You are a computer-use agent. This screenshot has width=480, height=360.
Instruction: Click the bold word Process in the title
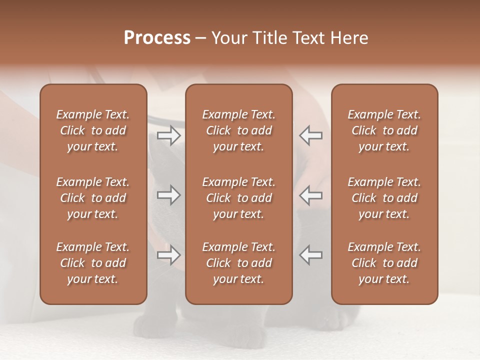[157, 38]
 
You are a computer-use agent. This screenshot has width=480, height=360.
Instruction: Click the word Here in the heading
[348, 38]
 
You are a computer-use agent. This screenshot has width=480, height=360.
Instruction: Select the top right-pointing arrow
[168, 135]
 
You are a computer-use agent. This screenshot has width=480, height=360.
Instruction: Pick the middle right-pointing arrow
[168, 195]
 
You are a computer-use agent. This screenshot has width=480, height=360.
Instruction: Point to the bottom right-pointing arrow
[168, 255]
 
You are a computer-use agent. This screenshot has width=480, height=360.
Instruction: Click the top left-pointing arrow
[311, 135]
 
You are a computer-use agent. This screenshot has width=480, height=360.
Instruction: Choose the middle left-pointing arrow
[311, 195]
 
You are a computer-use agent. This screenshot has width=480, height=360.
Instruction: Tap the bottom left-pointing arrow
[311, 255]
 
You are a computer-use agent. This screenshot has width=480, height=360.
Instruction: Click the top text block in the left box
[93, 130]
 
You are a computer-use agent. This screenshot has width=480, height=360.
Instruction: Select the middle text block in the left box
[93, 198]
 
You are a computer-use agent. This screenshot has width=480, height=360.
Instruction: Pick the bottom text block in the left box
[93, 263]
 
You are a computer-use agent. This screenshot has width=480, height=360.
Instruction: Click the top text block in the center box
[239, 130]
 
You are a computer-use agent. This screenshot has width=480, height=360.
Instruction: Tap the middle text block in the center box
[239, 198]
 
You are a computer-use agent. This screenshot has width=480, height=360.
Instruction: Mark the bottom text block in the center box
[239, 263]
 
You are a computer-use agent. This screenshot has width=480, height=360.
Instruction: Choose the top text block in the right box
[384, 130]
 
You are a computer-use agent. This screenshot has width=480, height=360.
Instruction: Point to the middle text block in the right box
[384, 198]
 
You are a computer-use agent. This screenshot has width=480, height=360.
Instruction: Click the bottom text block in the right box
[384, 263]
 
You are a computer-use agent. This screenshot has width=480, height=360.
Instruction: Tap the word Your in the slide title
[228, 38]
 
